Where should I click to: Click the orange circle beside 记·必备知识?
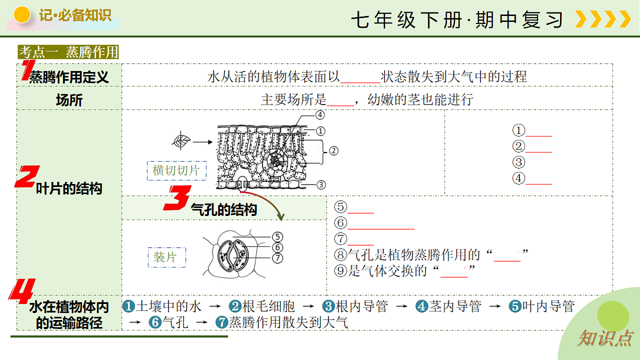pos(22,14)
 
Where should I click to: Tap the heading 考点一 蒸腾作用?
pos(68,52)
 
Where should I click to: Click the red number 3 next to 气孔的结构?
pos(178,198)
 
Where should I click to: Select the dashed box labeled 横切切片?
pos(177,171)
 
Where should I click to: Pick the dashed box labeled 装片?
pos(167,257)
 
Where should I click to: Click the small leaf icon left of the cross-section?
pos(181,141)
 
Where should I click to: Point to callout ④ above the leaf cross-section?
pos(320,115)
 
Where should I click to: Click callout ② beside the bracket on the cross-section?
pos(334,151)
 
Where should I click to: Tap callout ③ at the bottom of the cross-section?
pos(321,185)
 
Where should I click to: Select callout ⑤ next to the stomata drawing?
pos(277,237)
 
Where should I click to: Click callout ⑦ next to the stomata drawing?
pos(277,258)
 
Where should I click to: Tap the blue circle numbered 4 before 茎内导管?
pos(422,306)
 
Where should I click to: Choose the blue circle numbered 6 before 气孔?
pos(155,322)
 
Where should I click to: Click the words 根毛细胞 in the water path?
pos(268,306)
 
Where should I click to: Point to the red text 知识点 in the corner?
pos(604,338)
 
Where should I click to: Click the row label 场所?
pos(69,100)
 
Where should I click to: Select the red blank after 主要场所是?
pos(340,105)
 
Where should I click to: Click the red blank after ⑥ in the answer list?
pos(381,229)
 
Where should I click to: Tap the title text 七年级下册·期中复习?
pos(457,20)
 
